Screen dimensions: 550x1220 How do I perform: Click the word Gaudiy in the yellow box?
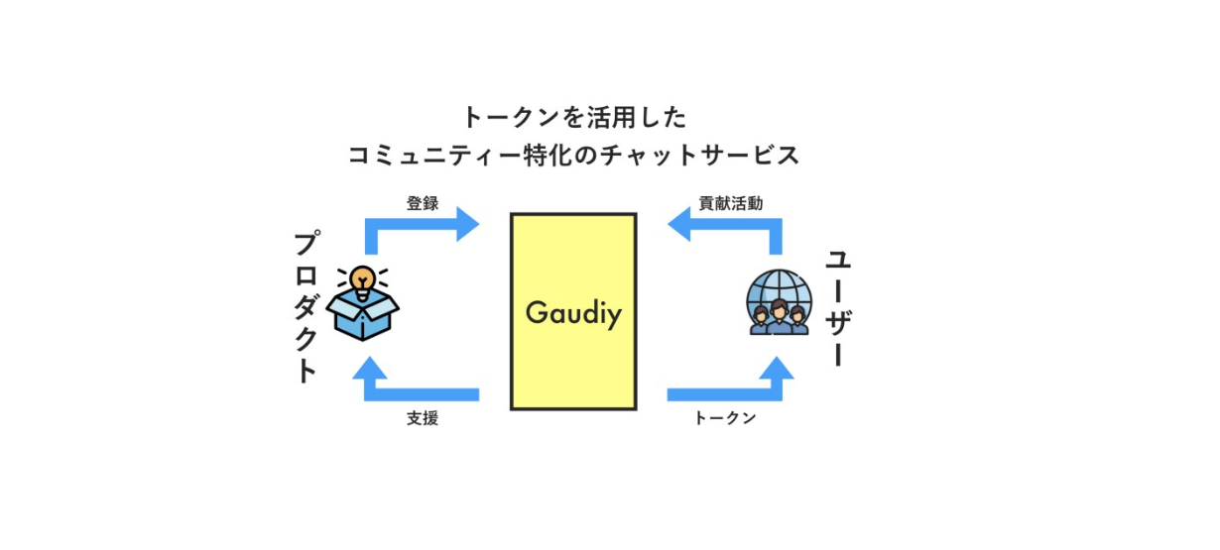click(x=573, y=313)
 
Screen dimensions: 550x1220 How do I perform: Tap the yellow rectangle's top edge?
click(x=573, y=214)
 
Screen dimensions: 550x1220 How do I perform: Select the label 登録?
click(x=422, y=203)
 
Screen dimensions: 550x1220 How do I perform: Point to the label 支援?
click(x=422, y=418)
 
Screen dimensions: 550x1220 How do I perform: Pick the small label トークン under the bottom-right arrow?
click(x=725, y=418)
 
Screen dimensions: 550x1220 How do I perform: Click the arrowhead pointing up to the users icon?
click(x=779, y=370)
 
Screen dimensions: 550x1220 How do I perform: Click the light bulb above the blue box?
click(x=364, y=276)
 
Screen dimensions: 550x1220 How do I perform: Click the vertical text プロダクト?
click(x=307, y=307)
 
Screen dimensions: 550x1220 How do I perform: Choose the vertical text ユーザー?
click(x=838, y=307)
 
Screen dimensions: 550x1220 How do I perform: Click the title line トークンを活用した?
click(x=573, y=117)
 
